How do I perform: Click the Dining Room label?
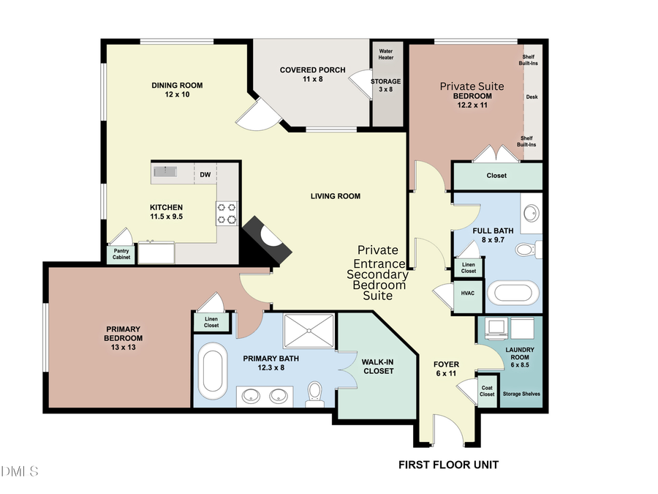[x=177, y=90]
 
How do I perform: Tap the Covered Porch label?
[x=301, y=74]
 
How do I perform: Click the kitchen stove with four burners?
[x=227, y=213]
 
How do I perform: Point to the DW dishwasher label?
[x=206, y=175]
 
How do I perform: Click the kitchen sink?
[x=165, y=173]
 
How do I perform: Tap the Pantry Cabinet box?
[x=121, y=254]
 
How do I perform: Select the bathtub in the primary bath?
[x=214, y=372]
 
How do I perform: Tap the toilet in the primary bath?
[x=315, y=393]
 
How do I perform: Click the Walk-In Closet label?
[x=378, y=366]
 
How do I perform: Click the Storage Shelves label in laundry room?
[x=523, y=394]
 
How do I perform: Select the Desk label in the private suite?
[x=532, y=96]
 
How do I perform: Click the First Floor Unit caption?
[x=448, y=464]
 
